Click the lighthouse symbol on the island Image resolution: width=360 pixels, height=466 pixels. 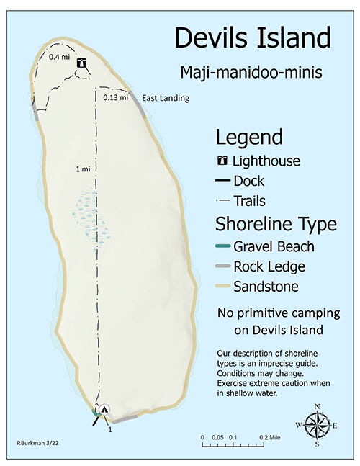(x=82, y=63)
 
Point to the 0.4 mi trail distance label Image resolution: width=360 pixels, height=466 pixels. (x=59, y=56)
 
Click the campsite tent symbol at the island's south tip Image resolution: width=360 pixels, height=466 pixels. (x=104, y=409)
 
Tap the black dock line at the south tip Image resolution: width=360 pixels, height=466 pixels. (x=96, y=420)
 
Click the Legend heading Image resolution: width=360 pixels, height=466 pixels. (x=249, y=137)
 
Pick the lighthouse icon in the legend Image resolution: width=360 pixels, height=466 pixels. (x=223, y=161)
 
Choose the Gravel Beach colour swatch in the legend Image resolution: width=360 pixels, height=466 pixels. (x=223, y=246)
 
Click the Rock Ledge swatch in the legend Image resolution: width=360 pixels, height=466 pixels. (x=223, y=266)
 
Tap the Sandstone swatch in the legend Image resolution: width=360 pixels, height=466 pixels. (x=223, y=287)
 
